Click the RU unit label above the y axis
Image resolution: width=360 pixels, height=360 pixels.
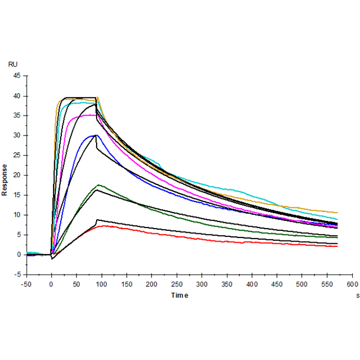12,63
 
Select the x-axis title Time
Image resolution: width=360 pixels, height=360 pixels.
180,295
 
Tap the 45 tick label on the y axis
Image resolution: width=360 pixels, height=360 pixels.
16,76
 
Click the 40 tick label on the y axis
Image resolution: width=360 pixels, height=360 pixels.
16,96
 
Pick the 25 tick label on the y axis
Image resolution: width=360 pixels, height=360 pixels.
16,156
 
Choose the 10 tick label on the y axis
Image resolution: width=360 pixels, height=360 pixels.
16,215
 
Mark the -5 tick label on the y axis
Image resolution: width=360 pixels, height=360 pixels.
17,275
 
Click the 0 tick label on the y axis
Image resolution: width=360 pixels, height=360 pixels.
18,255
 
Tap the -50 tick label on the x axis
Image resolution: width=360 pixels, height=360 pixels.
26,284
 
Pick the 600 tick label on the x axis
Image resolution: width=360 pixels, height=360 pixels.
352,284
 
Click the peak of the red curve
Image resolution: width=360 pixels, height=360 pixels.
104,226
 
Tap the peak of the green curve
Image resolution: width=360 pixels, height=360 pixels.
98,185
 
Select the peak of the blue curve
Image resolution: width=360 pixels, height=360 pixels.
94,136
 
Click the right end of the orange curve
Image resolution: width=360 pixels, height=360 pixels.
337,212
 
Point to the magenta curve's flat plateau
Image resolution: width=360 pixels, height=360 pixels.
88,115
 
